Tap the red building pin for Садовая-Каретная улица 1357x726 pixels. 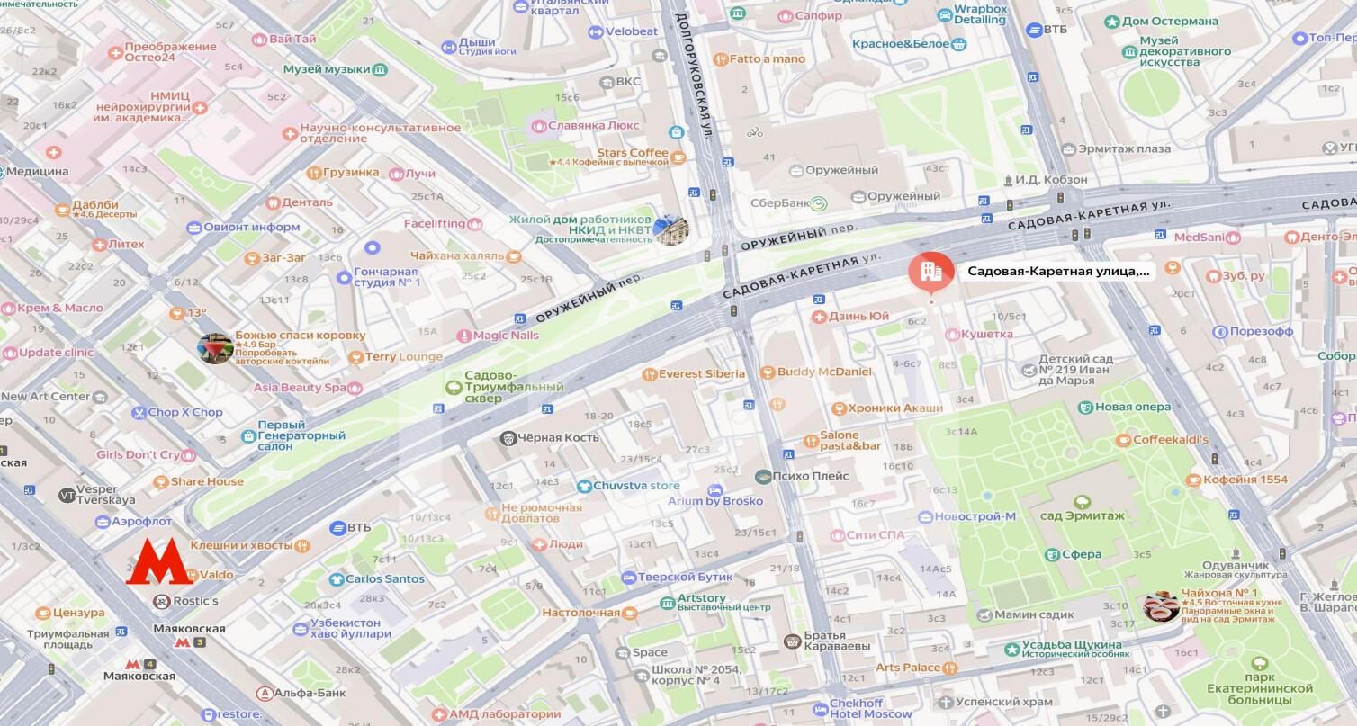930,273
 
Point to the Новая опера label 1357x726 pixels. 1132,407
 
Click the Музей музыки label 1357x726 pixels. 326,69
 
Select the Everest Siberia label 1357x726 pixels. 701,373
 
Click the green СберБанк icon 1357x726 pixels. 819,203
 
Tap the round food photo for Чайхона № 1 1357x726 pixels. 1161,606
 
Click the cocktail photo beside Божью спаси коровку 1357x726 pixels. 216,348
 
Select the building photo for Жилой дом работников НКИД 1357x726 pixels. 670,229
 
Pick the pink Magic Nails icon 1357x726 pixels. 463,336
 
